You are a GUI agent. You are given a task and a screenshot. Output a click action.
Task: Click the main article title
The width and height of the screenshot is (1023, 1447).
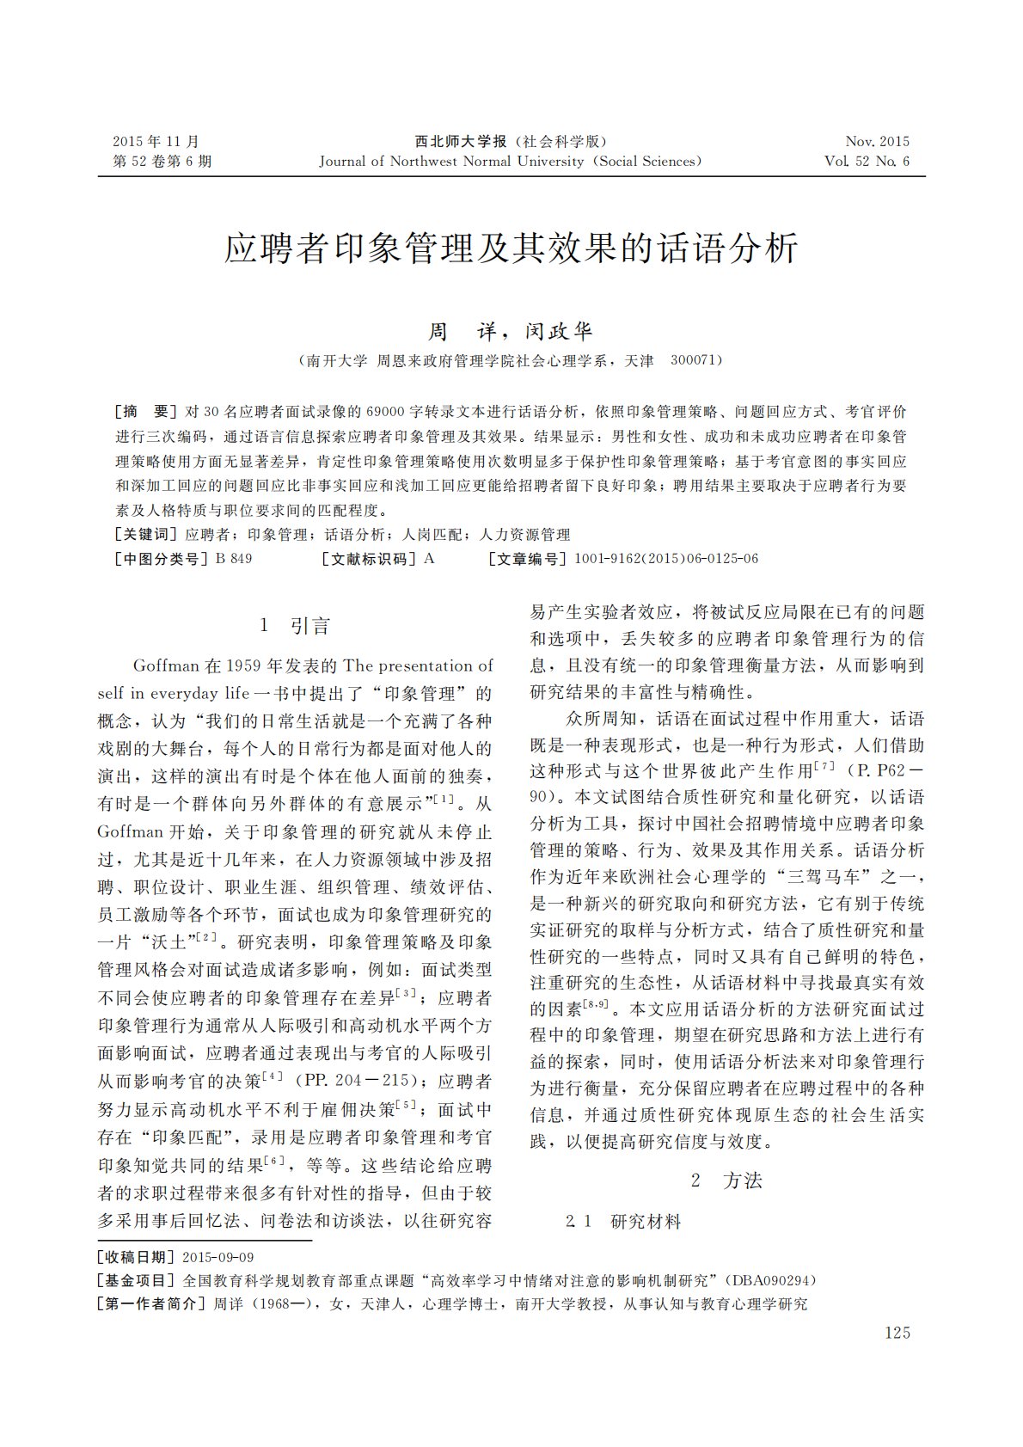click(512, 248)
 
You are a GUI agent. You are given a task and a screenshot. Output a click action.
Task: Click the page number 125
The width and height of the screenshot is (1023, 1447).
click(896, 1333)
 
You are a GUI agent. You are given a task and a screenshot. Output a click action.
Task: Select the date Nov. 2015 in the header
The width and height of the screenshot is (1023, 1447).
click(877, 142)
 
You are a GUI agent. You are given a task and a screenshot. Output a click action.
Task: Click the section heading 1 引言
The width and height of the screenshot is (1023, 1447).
click(295, 626)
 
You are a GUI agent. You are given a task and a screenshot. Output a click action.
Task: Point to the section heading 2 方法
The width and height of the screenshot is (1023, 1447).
click(726, 1180)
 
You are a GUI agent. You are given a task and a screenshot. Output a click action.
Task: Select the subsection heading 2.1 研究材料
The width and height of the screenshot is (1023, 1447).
click(623, 1221)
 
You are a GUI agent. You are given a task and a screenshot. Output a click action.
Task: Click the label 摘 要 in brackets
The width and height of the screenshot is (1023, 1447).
click(145, 412)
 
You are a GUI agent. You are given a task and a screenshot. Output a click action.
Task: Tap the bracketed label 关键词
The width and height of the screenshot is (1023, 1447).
click(145, 535)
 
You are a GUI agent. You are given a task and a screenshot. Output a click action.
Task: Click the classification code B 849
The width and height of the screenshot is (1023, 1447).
click(234, 559)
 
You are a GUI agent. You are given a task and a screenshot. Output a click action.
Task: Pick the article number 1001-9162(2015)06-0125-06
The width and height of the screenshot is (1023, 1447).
click(666, 559)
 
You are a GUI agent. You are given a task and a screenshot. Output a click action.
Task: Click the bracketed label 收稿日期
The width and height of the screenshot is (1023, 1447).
click(137, 1257)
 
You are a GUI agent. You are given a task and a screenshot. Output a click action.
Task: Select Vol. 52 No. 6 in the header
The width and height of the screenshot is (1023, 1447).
click(867, 162)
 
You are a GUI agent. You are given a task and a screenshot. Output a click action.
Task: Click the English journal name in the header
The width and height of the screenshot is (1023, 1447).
click(511, 162)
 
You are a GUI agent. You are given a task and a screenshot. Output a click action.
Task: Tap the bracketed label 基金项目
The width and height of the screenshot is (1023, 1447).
click(137, 1280)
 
